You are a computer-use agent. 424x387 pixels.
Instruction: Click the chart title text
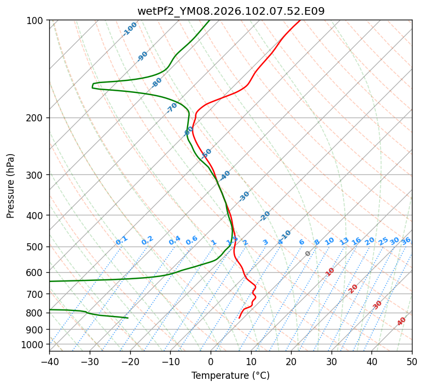230,11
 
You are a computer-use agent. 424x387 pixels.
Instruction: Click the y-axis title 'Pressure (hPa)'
11,185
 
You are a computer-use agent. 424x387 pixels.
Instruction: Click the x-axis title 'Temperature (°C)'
230,376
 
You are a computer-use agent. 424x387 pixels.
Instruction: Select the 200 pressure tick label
36,118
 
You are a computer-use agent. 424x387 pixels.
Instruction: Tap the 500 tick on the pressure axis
36,247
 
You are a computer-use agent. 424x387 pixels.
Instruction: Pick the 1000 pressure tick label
33,344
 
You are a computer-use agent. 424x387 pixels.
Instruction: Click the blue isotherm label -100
130,28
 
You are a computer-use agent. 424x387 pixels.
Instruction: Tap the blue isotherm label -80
157,83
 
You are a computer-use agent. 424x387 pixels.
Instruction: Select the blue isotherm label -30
244,196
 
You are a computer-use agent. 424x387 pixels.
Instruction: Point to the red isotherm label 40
402,321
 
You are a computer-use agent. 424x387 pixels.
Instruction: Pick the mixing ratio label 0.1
121,241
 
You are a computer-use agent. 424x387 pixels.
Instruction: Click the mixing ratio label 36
406,241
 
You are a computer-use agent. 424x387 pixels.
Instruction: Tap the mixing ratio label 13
344,241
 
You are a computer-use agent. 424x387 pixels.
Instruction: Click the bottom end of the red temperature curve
239,318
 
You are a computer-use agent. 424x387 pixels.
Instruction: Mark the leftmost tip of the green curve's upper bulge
92,86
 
